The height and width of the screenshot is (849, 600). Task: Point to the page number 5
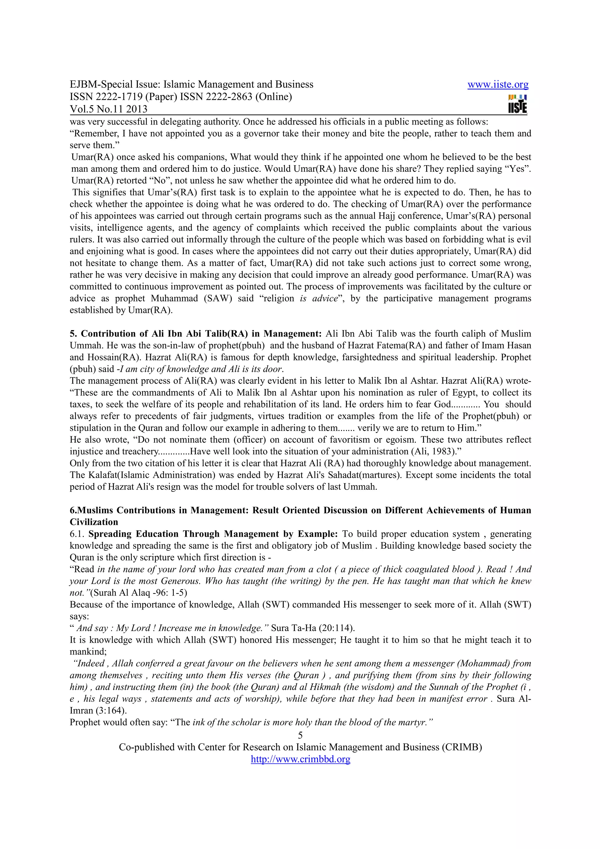click(x=300, y=735)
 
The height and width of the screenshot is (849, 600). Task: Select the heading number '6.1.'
click(x=77, y=534)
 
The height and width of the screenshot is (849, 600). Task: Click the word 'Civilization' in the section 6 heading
click(x=94, y=522)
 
